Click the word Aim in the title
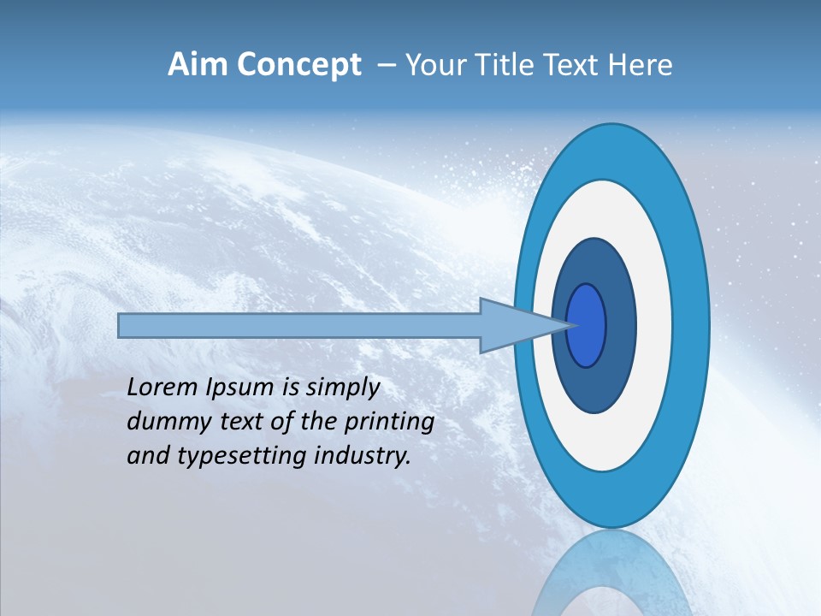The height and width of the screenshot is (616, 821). [197, 65]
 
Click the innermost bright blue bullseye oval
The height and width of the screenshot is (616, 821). [587, 326]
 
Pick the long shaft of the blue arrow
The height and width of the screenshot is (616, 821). [299, 326]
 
